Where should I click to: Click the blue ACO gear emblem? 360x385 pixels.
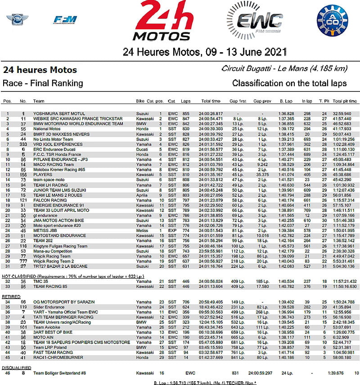click(x=333, y=21)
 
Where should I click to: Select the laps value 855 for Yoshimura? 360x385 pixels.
click(x=185, y=113)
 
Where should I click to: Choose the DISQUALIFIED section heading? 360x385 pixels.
click(x=17, y=367)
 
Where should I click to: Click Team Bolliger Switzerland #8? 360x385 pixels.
click(x=56, y=373)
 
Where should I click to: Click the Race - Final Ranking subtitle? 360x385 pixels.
click(x=43, y=83)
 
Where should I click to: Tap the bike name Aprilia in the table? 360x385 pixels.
click(x=142, y=195)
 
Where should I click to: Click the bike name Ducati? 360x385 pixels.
click(x=142, y=149)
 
